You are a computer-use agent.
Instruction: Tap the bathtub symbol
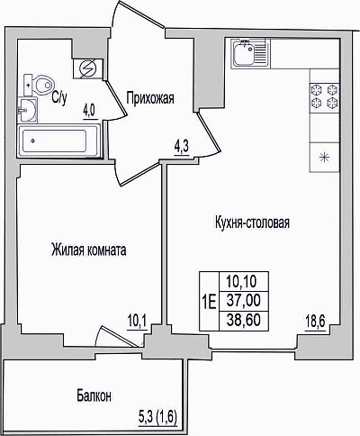(58, 141)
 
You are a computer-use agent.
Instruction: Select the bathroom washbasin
(27, 110)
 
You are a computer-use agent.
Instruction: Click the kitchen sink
(251, 54)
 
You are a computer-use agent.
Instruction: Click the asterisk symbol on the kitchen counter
(324, 158)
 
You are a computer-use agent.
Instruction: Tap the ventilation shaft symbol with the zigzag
(88, 68)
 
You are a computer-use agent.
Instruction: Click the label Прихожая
(150, 98)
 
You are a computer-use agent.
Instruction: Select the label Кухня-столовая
(252, 223)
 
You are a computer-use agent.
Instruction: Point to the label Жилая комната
(89, 250)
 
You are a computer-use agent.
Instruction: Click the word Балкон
(94, 396)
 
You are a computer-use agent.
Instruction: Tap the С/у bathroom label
(59, 98)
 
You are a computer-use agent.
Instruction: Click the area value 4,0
(89, 112)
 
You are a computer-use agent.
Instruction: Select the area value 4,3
(182, 148)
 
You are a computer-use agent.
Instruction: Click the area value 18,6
(315, 323)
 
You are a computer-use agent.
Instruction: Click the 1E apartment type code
(209, 302)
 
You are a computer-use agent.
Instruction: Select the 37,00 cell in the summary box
(244, 300)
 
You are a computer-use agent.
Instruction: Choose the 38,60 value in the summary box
(244, 321)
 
